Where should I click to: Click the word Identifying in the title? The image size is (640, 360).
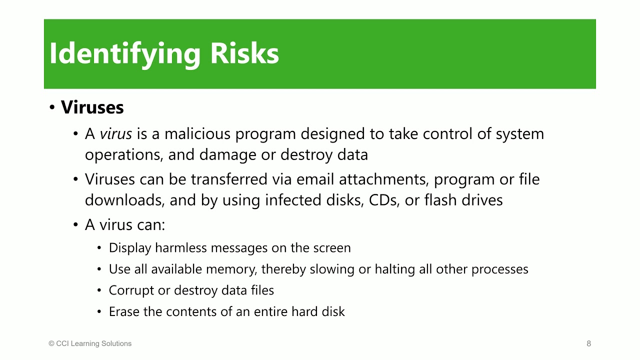[125, 54]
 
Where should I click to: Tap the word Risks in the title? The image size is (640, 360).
[244, 53]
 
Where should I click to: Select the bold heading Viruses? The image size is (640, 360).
[92, 107]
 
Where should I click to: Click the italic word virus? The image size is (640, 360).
[115, 133]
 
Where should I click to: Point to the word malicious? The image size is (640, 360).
[197, 133]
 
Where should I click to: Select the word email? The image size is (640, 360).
[315, 179]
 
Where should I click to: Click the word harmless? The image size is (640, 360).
[181, 248]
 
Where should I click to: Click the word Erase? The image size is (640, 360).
[124, 311]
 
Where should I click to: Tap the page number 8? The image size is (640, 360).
[589, 343]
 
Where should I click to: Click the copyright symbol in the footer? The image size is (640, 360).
[51, 343]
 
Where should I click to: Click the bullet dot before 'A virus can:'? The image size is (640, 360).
[75, 225]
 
